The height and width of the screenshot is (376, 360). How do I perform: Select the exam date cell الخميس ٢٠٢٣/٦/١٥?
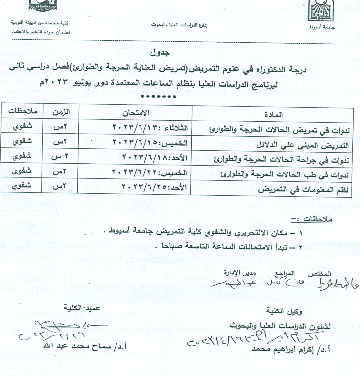click(150, 143)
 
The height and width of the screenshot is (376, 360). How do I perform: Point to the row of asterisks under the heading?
click(158, 97)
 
